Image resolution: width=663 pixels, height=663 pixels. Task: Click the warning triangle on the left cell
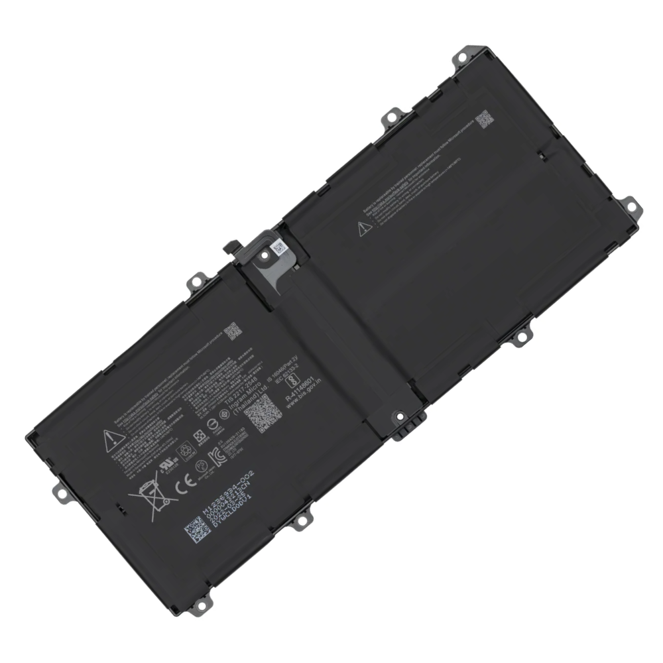tap(109, 438)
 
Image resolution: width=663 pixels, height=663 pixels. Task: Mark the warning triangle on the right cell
tap(362, 229)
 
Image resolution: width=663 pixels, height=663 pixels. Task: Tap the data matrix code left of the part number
tap(198, 528)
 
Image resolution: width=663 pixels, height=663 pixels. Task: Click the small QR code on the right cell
tap(485, 120)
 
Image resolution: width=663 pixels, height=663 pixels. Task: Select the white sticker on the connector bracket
tap(278, 249)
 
